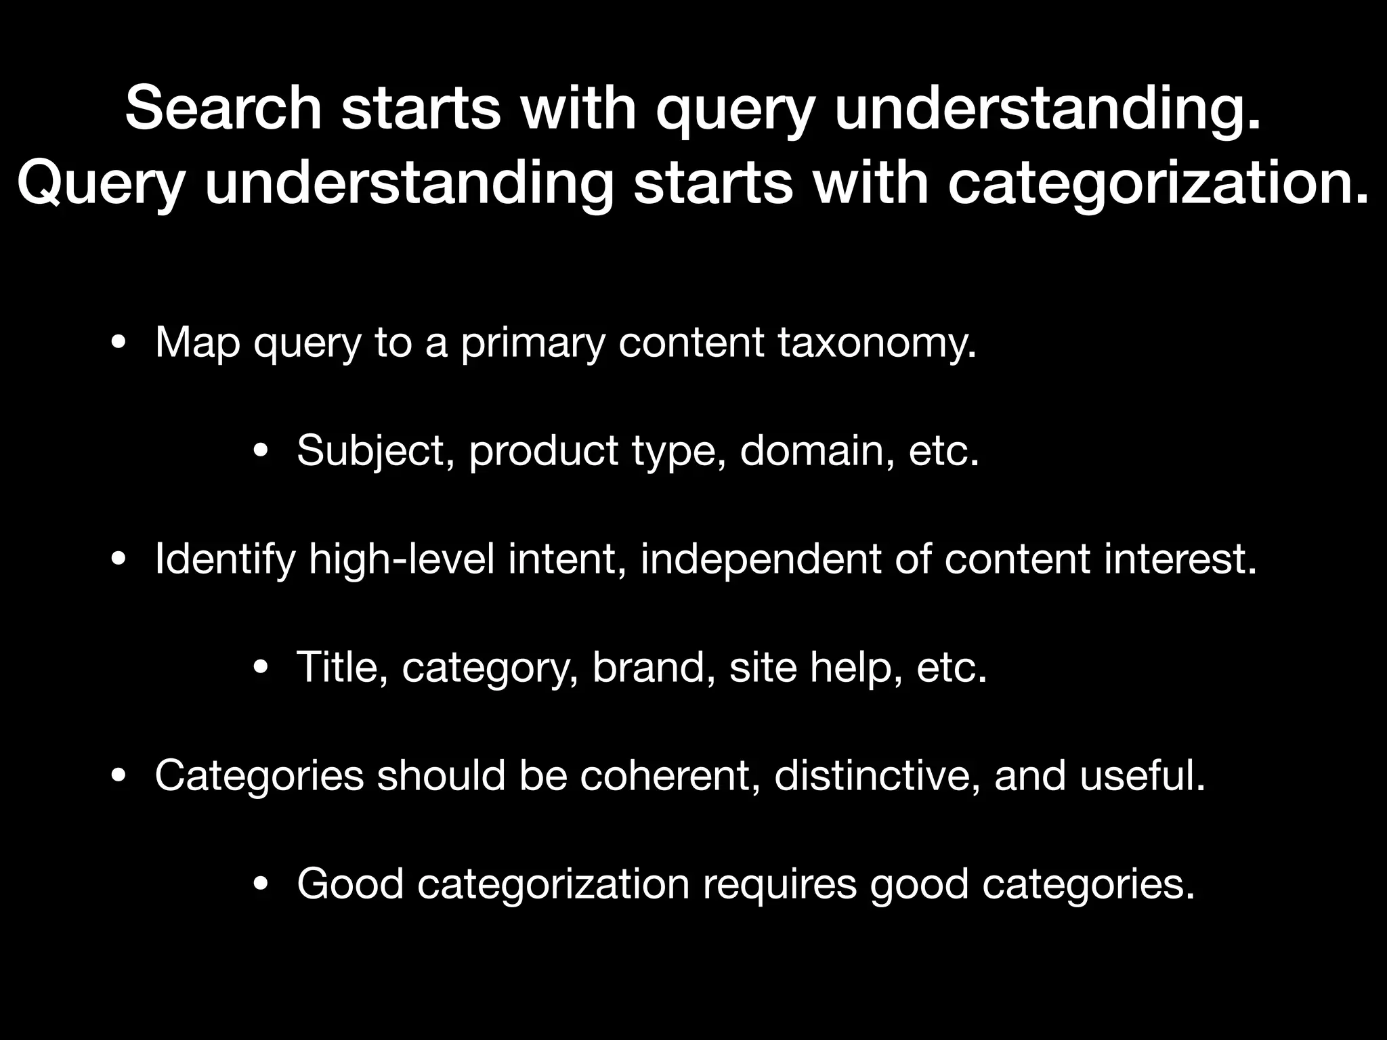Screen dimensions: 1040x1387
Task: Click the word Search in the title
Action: point(223,108)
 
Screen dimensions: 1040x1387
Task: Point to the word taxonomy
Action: point(877,343)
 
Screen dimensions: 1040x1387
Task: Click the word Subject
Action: point(375,451)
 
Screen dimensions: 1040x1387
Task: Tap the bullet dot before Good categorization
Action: point(261,884)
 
